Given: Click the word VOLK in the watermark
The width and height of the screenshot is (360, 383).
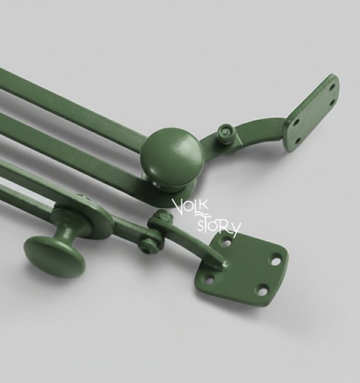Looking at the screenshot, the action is tap(190, 206).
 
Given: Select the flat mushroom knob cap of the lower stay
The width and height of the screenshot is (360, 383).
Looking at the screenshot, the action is tap(55, 257).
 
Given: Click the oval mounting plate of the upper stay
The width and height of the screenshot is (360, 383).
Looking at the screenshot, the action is tap(312, 112).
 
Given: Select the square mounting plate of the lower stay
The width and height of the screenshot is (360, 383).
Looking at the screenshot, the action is tap(241, 268).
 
